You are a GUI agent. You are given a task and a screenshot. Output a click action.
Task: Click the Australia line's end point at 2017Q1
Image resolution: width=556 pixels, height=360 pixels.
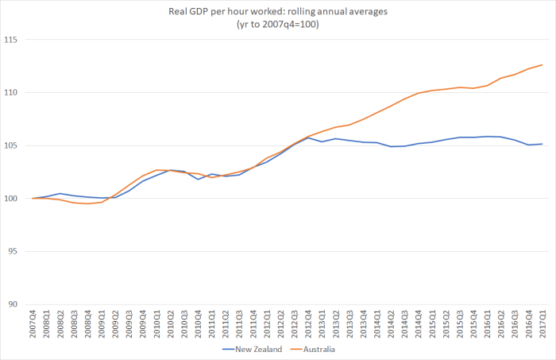pos(542,64)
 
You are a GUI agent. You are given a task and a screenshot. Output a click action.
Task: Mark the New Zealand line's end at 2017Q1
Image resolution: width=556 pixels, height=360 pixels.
pos(542,144)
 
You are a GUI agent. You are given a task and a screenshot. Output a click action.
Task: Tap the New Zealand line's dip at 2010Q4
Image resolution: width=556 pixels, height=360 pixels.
pos(199,180)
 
